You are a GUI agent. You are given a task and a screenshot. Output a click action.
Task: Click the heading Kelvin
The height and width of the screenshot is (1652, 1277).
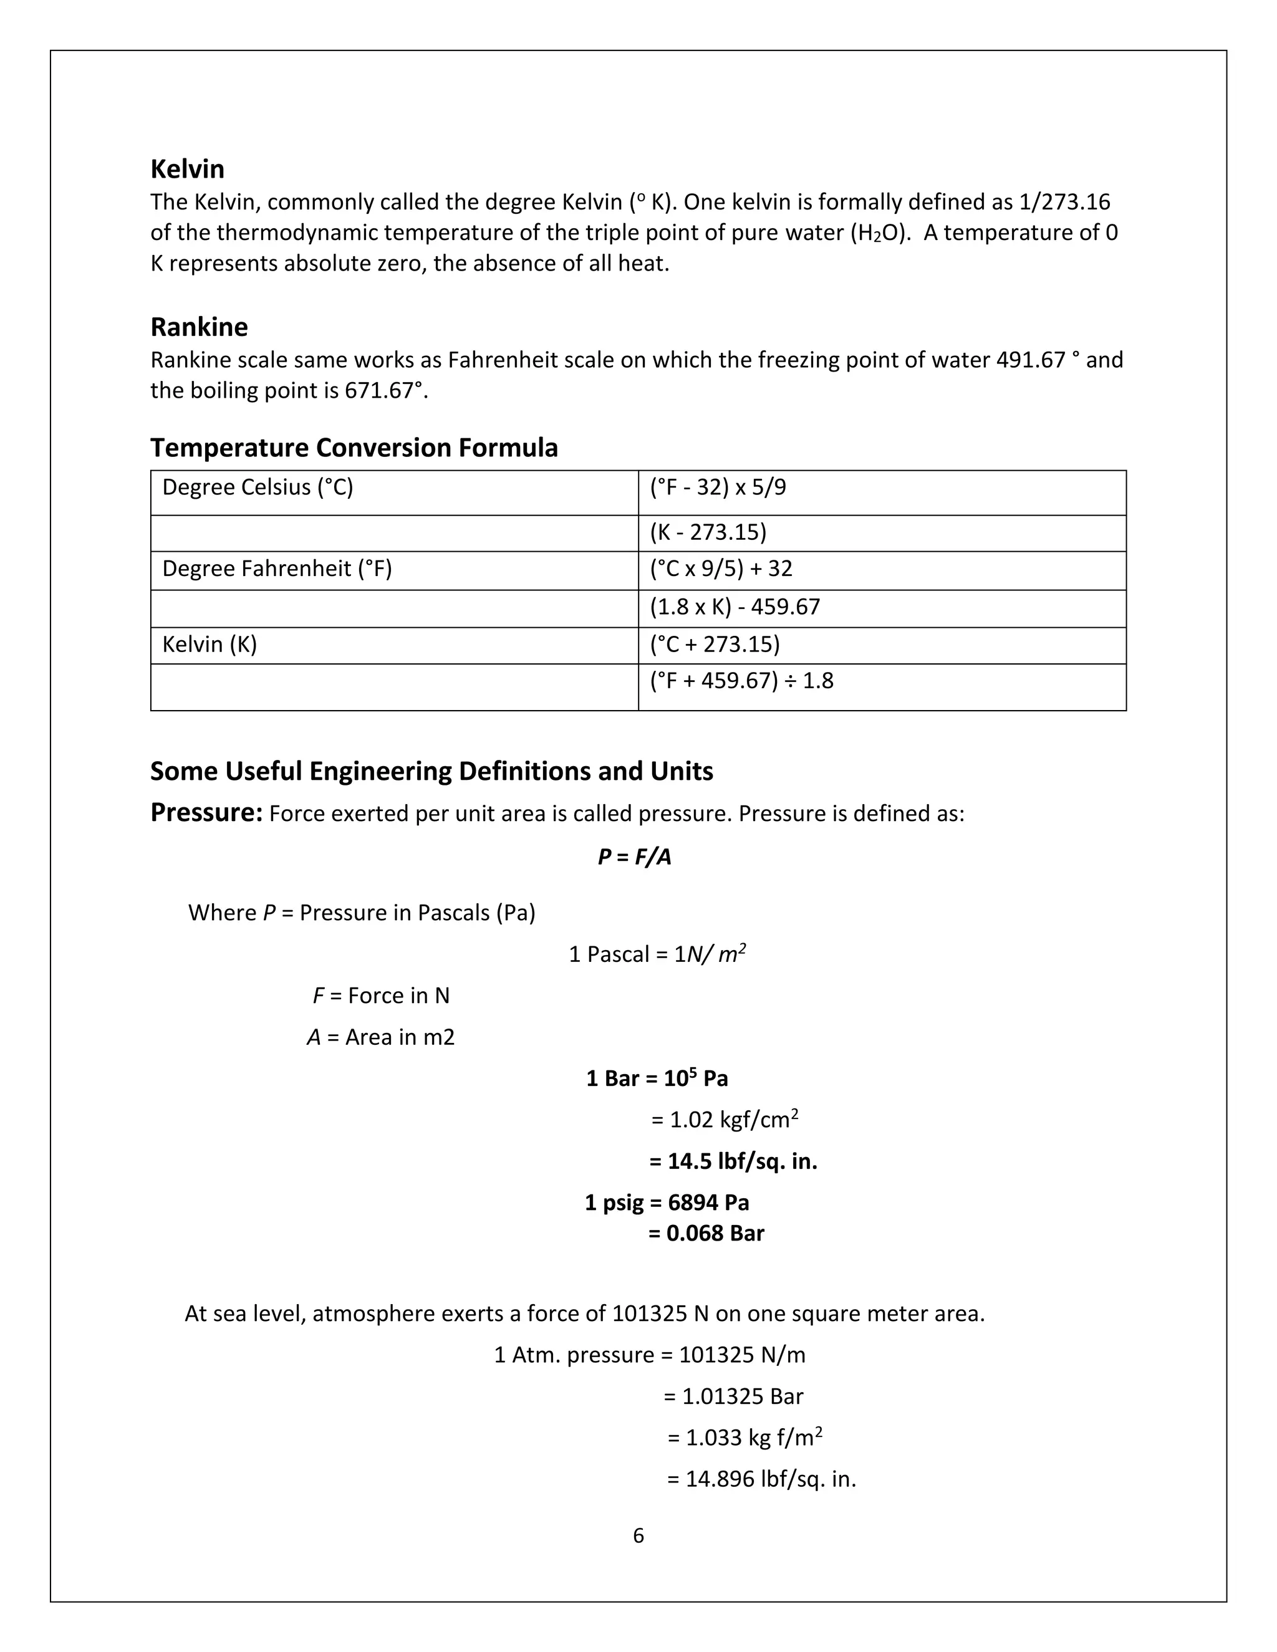187,169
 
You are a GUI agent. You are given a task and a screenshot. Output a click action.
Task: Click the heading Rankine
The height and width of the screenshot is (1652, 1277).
199,327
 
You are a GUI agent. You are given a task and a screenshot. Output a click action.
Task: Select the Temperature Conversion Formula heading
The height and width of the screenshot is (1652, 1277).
354,447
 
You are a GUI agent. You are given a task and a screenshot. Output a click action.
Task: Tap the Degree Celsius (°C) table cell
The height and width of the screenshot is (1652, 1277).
258,487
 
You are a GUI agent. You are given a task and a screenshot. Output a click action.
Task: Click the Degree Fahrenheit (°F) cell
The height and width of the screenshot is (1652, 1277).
277,569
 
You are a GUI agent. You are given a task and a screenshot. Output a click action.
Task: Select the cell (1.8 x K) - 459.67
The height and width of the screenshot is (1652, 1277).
734,607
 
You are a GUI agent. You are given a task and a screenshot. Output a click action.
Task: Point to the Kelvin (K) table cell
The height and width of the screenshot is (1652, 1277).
210,645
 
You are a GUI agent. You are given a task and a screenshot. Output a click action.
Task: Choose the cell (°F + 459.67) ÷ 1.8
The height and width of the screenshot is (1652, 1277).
741,681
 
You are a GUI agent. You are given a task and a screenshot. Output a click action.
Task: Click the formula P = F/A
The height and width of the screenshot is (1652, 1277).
634,857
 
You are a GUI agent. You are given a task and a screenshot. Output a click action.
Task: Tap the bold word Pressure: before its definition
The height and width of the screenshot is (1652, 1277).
206,812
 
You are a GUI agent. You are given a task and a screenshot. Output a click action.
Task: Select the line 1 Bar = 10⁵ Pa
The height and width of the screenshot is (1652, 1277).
656,1078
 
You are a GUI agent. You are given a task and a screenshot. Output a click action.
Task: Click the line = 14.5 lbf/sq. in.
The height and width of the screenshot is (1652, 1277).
732,1161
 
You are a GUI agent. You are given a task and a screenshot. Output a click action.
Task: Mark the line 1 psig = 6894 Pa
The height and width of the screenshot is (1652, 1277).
666,1203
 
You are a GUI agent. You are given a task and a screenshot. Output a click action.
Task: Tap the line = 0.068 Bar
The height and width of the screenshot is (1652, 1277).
706,1234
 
